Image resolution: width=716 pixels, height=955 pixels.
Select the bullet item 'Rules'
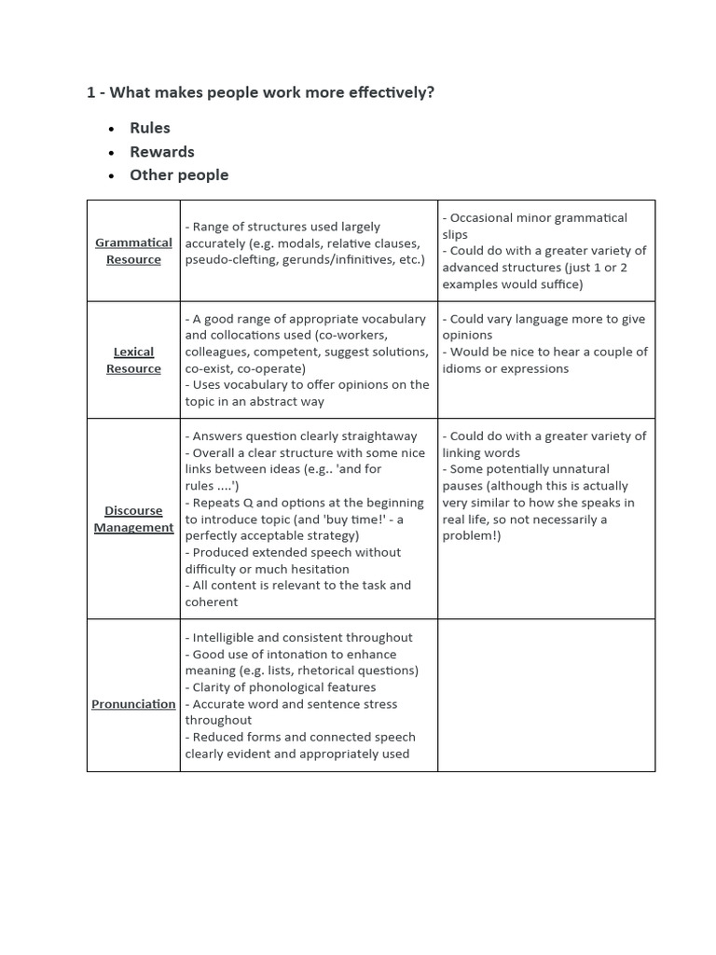pyautogui.click(x=150, y=128)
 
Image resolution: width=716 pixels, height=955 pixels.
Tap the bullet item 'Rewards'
pyautogui.click(x=162, y=151)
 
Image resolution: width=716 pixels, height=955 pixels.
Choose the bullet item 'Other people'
pyautogui.click(x=179, y=174)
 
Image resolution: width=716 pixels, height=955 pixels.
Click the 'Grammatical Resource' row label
pyautogui.click(x=133, y=251)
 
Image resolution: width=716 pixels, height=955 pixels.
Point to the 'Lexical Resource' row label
pyautogui.click(x=133, y=360)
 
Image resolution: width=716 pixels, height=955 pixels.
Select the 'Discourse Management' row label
pyautogui.click(x=133, y=519)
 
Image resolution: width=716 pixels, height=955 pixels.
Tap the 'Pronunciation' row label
pyautogui.click(x=133, y=704)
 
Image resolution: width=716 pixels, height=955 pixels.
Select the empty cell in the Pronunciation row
pyautogui.click(x=545, y=695)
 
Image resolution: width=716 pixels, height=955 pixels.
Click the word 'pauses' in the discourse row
pyautogui.click(x=463, y=486)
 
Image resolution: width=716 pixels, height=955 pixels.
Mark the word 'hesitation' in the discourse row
pyautogui.click(x=318, y=569)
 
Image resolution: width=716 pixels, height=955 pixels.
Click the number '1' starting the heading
pyautogui.click(x=90, y=92)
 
